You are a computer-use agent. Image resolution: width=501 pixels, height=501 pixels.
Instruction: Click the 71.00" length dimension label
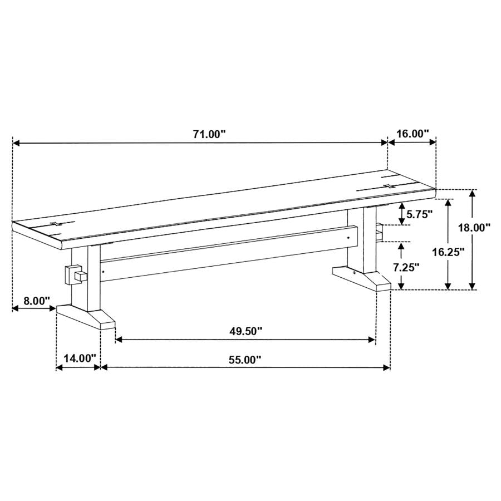pos(209,134)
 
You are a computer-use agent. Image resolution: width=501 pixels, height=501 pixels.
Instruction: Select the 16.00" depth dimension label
pos(412,134)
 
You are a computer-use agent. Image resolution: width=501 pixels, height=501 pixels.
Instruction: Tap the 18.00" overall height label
pos(474,227)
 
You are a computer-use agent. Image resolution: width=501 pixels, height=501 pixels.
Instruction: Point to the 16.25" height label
pos(448,252)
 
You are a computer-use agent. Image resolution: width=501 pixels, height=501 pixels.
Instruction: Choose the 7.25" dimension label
pos(406,267)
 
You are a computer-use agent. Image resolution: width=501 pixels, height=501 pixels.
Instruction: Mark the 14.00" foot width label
pos(79,358)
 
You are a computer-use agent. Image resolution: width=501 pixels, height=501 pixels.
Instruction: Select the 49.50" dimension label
pos(245,331)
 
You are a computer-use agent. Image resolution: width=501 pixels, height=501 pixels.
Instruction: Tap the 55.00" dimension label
pos(244,360)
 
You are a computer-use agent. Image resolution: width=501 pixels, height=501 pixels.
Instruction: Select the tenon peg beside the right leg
pos(380,232)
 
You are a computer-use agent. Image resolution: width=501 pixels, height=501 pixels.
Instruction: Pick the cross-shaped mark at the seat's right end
pos(388,185)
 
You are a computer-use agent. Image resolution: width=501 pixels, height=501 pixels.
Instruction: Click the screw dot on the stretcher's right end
pos(349,238)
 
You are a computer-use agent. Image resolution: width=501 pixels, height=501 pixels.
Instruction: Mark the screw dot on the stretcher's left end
pos(104,272)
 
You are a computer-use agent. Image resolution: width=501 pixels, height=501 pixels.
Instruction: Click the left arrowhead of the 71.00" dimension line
pos(16,143)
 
